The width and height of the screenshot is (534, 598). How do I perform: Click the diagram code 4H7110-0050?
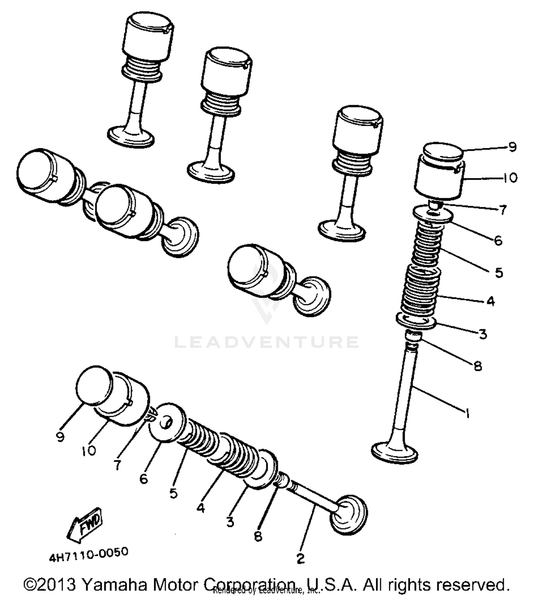pos(88,554)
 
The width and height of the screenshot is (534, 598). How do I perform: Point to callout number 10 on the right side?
pos(510,178)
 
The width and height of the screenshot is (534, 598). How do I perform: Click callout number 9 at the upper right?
pos(512,147)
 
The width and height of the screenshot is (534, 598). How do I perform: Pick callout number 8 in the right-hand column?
pos(478,366)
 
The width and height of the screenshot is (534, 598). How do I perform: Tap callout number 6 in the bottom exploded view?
pos(143,479)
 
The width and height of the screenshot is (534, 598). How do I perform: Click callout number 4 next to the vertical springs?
pos(491,301)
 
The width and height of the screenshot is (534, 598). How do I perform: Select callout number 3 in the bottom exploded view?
pos(230,522)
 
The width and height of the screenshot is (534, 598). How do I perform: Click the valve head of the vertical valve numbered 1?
pos(394,452)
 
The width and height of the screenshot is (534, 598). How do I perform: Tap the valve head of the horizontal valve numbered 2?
pos(348,514)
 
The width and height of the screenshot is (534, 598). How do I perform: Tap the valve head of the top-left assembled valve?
pos(131,136)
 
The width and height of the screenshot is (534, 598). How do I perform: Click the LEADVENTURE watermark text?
pos(266,342)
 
